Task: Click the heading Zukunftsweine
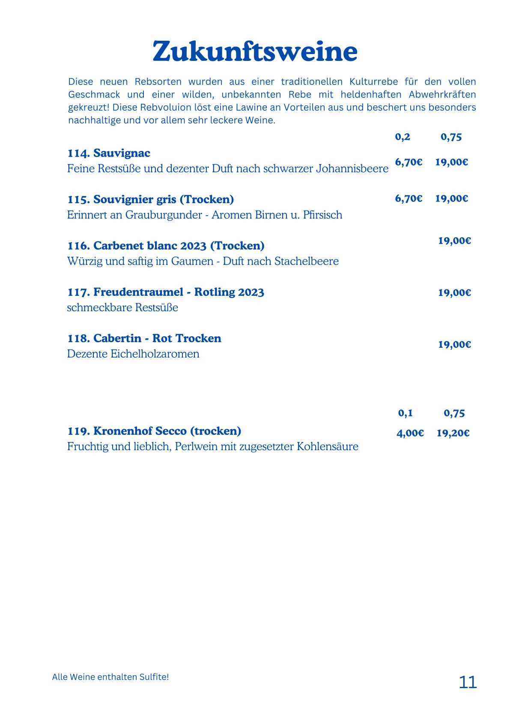[255, 52]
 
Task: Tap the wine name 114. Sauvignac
[109, 153]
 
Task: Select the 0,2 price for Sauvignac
[409, 162]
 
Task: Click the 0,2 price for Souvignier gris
[409, 199]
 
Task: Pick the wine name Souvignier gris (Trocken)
[151, 199]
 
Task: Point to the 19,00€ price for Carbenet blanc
[454, 241]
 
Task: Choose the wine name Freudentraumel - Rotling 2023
[166, 292]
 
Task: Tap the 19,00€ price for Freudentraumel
[454, 293]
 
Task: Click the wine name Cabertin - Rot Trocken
[144, 338]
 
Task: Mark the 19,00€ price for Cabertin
[454, 345]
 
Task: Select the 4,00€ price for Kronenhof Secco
[410, 433]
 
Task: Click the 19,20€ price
[453, 433]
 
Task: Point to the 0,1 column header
[405, 413]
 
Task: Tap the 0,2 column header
[403, 137]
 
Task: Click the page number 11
[468, 682]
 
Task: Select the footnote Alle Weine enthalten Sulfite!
[110, 677]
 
